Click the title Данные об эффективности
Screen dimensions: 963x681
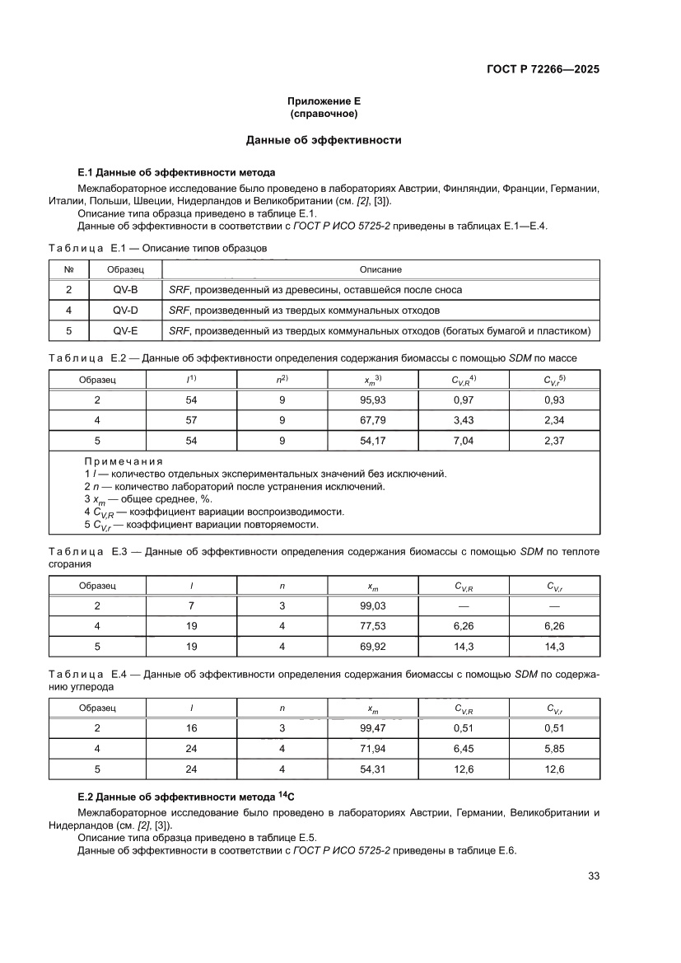point(324,140)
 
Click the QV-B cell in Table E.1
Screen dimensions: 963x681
point(125,290)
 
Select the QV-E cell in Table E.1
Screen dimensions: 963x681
point(125,331)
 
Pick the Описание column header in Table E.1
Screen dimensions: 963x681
point(380,269)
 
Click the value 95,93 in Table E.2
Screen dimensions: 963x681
point(373,400)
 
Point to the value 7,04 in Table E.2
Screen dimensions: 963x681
point(464,441)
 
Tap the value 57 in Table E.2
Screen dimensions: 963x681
point(191,420)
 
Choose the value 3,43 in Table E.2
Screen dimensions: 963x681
point(464,420)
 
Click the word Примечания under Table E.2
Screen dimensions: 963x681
point(124,461)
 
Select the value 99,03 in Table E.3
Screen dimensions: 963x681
point(373,606)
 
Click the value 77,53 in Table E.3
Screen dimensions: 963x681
point(373,627)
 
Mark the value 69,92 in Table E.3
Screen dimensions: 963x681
point(373,647)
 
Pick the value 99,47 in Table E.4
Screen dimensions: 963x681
point(373,728)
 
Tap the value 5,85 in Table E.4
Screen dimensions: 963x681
point(554,749)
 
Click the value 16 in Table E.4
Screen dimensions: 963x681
point(191,728)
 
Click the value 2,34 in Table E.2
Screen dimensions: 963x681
point(554,420)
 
